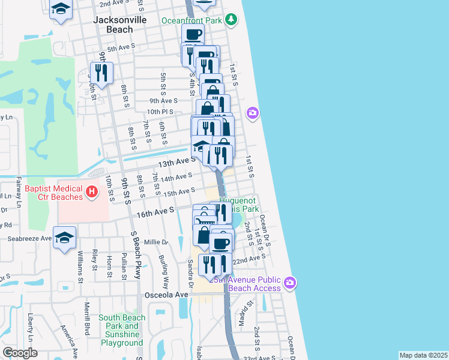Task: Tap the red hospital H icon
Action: point(91,192)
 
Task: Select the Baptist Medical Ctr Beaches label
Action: point(53,193)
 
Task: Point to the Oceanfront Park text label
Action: point(191,20)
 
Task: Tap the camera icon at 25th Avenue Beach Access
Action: point(290,282)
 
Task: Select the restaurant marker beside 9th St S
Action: point(101,73)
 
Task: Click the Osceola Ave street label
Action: point(166,295)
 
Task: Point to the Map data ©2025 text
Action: point(423,355)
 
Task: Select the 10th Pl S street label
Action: point(160,112)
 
